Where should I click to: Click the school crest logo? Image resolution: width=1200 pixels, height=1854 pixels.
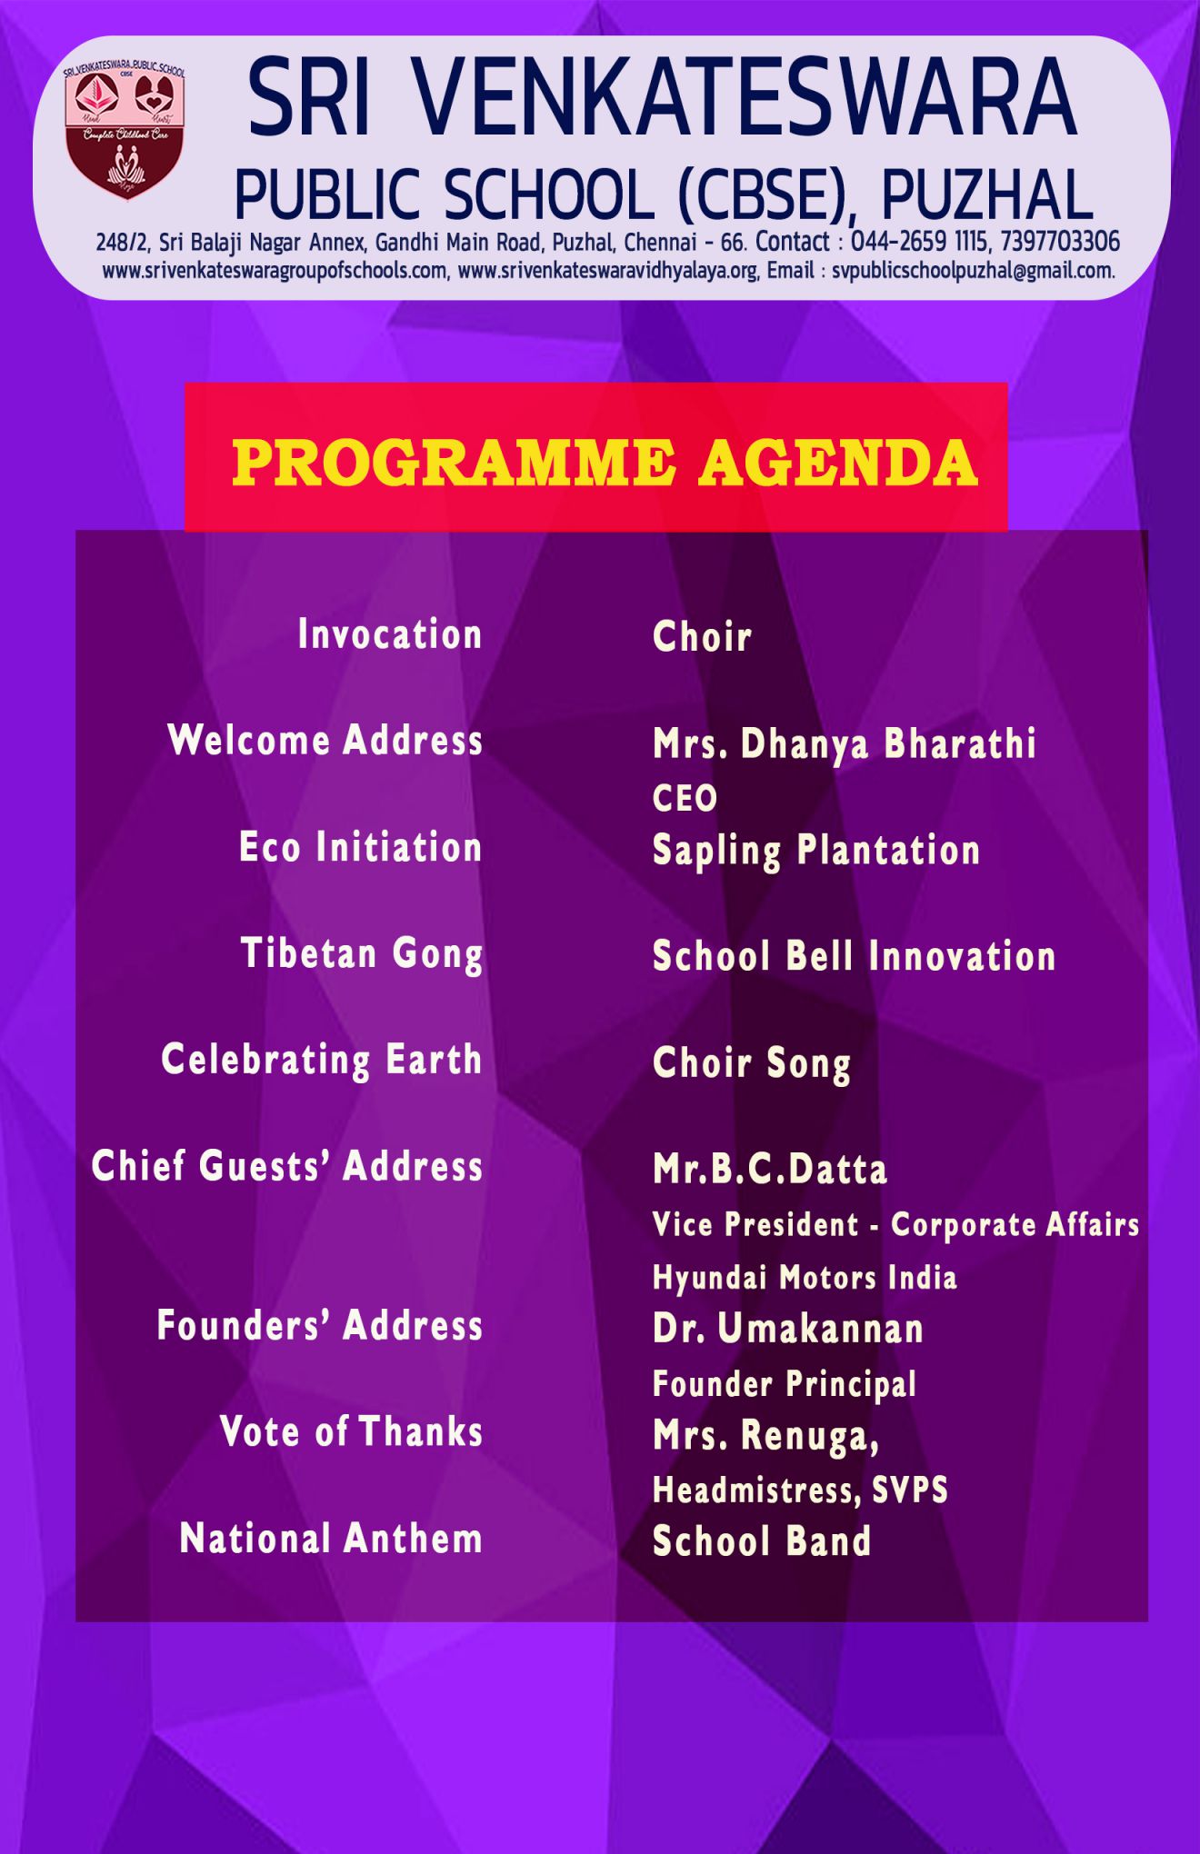point(125,132)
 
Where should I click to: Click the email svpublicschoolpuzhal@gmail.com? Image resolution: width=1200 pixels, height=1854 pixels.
point(973,271)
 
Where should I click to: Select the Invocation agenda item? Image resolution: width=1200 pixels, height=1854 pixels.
point(390,634)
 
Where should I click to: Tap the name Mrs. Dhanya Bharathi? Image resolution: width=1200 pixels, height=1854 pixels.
point(845,743)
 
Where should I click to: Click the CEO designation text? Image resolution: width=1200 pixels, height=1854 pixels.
point(685,798)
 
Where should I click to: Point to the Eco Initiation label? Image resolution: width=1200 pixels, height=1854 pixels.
point(360,847)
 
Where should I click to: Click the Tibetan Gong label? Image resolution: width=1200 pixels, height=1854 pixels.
point(362,955)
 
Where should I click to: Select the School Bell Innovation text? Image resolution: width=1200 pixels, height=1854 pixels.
point(855,956)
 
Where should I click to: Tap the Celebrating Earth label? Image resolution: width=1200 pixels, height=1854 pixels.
point(322,1061)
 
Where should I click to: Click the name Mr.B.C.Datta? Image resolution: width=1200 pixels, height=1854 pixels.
point(770,1169)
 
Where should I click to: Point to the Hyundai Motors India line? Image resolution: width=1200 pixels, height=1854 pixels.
point(805,1278)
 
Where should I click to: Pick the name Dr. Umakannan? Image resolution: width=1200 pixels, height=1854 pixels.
point(788,1329)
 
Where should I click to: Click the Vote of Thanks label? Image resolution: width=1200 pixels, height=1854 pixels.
point(351,1431)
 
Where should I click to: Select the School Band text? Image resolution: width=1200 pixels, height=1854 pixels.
point(762,1541)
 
